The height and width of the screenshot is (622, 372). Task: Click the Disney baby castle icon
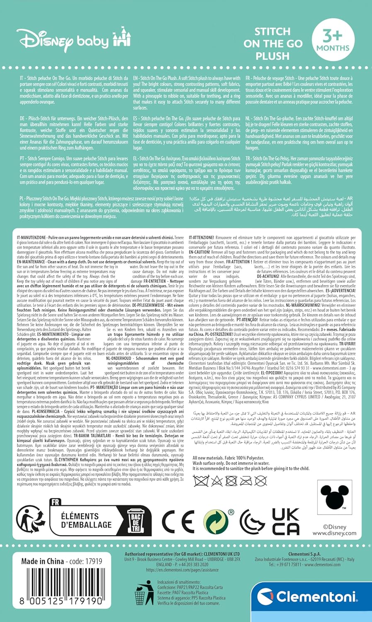point(122,37)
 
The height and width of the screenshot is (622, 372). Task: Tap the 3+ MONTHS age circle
point(333,40)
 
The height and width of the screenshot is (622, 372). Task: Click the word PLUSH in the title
point(272,56)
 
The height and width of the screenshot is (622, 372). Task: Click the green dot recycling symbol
point(216,522)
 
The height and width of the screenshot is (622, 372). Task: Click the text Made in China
point(43,561)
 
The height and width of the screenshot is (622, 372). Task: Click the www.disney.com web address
point(334,533)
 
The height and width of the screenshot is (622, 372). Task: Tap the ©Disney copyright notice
point(335,527)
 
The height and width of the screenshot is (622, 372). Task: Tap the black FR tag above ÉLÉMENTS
point(55,502)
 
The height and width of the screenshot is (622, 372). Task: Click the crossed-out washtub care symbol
point(201,481)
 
